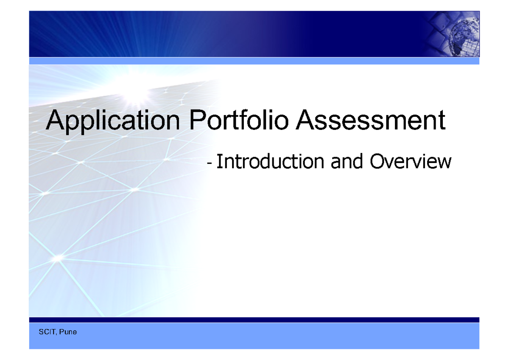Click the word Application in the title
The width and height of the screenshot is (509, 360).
coord(113,121)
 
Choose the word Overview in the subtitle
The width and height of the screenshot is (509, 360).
coord(410,161)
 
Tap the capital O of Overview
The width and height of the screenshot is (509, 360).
coord(378,161)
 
